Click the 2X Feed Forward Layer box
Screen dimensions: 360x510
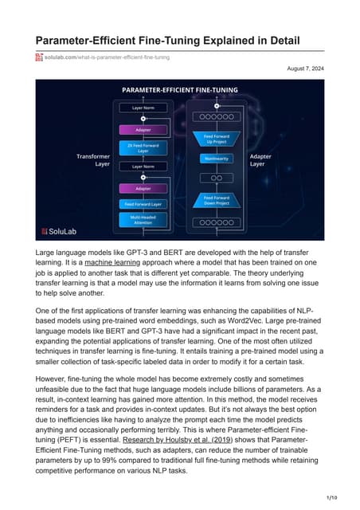click(x=137, y=148)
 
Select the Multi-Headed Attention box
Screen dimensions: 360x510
click(x=137, y=219)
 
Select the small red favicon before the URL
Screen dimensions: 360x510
click(x=37, y=57)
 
